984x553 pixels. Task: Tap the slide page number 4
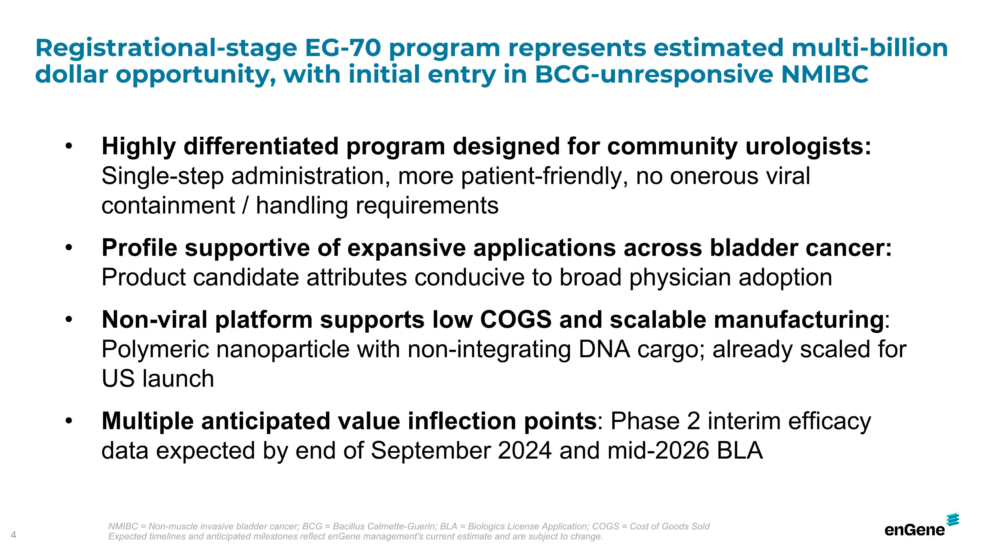point(14,535)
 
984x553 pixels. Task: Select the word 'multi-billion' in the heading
point(870,48)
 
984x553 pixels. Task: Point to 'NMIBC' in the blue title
point(825,74)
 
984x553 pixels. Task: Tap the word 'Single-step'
point(163,177)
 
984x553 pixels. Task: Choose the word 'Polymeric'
point(155,349)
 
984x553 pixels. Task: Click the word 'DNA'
point(604,349)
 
